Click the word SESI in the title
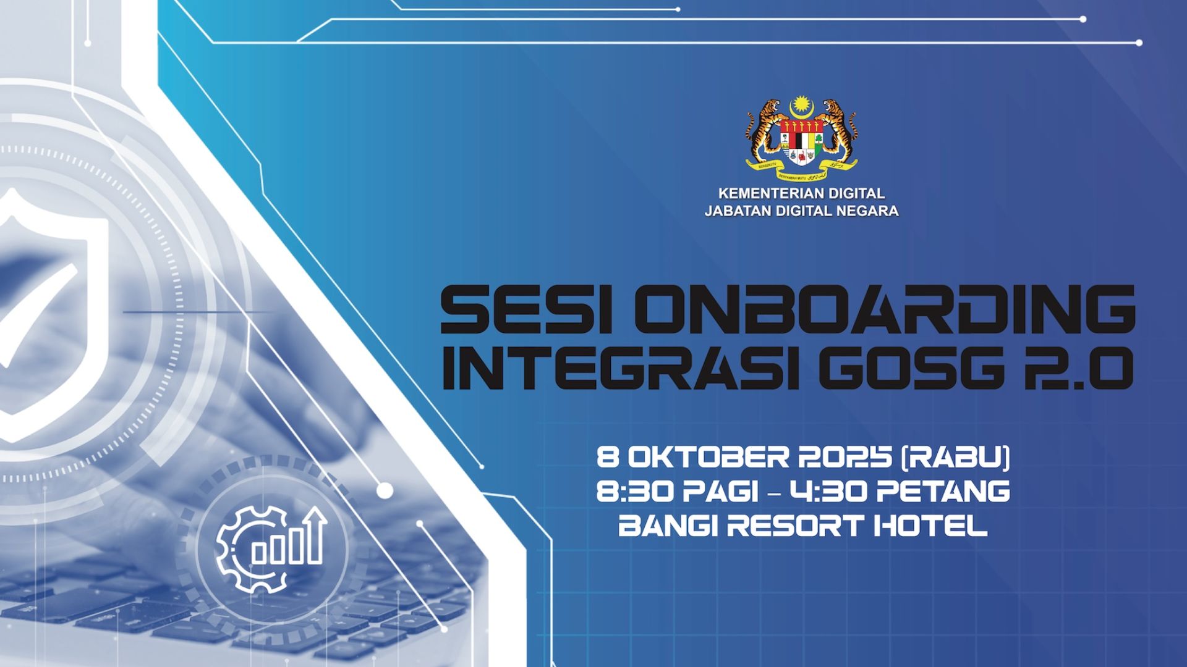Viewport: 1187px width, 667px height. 527,309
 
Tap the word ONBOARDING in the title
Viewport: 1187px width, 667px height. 885,309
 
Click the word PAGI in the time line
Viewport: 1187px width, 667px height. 720,492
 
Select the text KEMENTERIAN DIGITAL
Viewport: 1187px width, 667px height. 801,193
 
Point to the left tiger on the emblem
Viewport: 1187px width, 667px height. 765,130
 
